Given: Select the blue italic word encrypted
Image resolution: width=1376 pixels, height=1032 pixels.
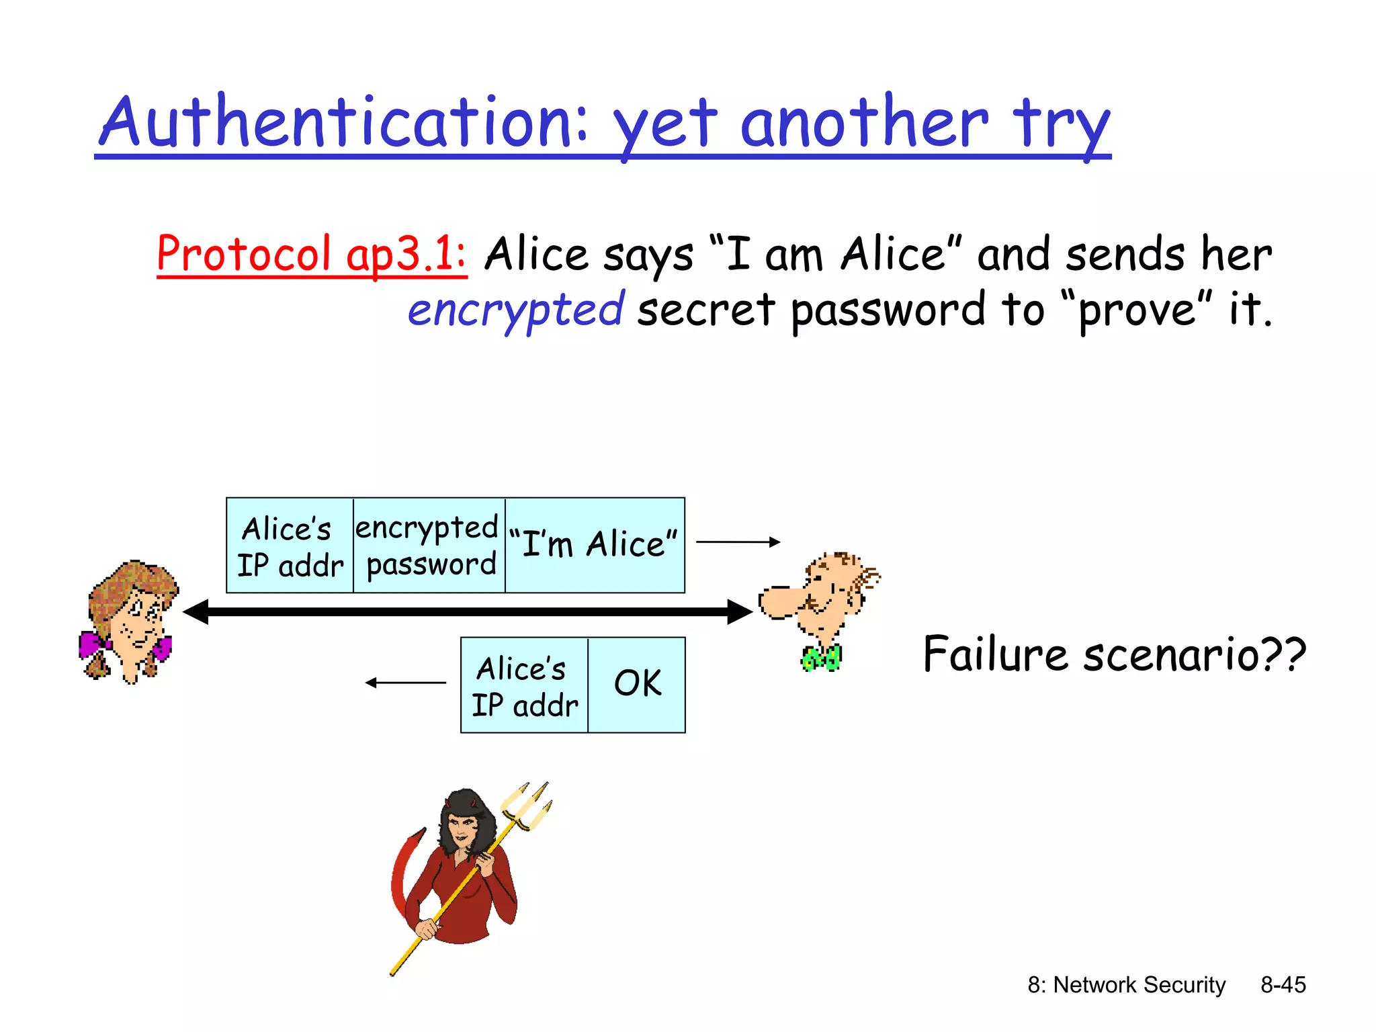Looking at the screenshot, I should click(516, 310).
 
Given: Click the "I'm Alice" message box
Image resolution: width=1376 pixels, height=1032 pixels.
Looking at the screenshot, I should click(595, 544).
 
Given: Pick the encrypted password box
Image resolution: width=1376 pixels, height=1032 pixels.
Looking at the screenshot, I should click(429, 546).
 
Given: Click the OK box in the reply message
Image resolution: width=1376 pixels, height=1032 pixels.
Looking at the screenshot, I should click(637, 684).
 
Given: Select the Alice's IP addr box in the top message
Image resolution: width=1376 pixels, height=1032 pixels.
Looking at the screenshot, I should click(290, 546).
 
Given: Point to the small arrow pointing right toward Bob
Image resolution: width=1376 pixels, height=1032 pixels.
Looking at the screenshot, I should click(738, 542).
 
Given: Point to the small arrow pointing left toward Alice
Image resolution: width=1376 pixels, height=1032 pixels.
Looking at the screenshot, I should click(406, 683).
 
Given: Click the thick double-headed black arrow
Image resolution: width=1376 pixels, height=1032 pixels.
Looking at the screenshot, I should click(467, 611).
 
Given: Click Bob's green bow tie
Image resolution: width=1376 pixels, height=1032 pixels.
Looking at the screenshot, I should click(820, 658).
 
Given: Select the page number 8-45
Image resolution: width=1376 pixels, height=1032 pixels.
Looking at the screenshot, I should click(1283, 985).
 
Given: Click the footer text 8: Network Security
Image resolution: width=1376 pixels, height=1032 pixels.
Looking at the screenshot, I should click(1126, 985).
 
